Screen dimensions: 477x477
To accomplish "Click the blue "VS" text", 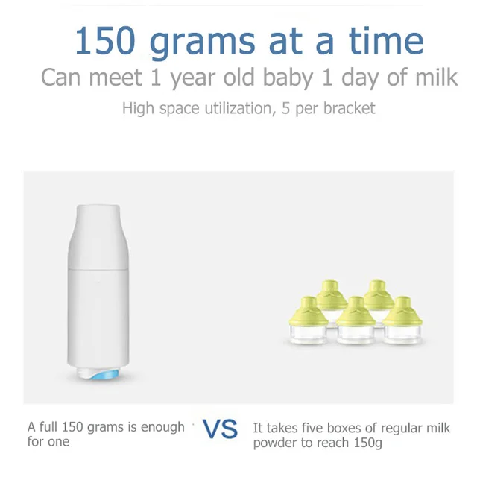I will click(220, 430).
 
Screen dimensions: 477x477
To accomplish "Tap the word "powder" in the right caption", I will click(277, 443).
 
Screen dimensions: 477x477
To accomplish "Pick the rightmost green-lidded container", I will click(403, 322).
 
